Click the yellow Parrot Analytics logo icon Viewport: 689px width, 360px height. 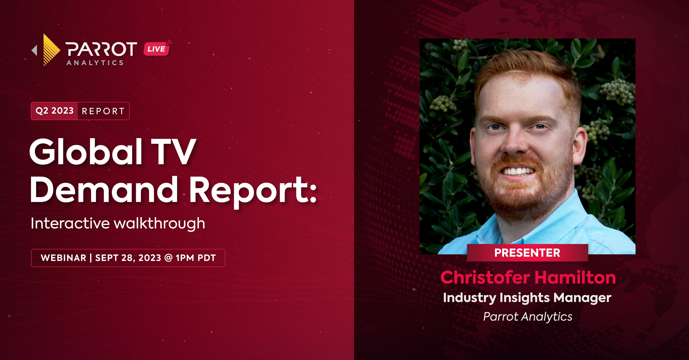coord(51,50)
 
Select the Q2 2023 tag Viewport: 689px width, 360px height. coord(55,111)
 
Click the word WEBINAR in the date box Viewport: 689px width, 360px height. coord(64,258)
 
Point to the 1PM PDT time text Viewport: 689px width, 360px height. coord(196,258)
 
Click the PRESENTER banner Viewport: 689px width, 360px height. coord(527,253)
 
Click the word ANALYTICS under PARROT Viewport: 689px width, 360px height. coord(95,63)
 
